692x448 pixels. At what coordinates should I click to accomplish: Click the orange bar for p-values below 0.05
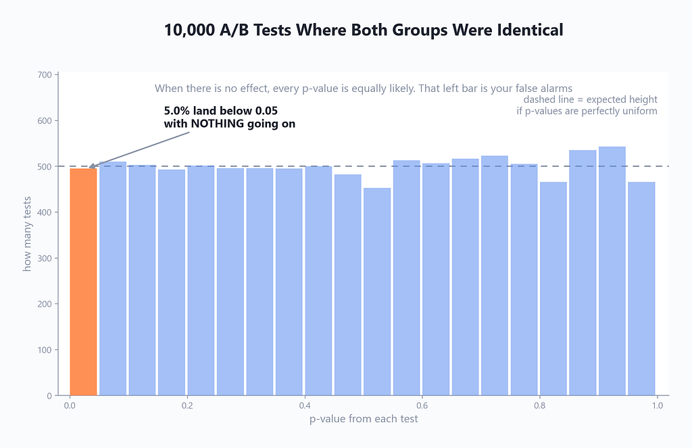point(83,282)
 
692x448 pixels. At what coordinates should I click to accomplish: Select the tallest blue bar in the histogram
point(612,271)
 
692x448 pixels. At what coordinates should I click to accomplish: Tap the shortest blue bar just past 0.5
point(377,292)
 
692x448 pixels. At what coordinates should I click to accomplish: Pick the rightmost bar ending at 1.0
point(641,289)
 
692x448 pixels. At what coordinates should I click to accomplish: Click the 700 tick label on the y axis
point(45,75)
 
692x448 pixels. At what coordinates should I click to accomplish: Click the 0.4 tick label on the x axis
point(305,405)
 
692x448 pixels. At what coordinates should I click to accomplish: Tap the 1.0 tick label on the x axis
point(657,405)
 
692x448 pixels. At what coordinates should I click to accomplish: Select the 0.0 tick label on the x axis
point(70,405)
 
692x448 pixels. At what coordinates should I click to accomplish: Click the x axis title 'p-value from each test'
point(364,419)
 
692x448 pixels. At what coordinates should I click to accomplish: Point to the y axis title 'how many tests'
point(27,234)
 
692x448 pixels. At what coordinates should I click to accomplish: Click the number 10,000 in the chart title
point(189,30)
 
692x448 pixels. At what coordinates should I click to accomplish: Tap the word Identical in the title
point(530,30)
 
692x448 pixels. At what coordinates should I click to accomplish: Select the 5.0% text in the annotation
point(178,110)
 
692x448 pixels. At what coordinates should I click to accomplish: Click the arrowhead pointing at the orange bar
point(92,166)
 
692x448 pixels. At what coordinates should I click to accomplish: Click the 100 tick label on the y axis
point(45,350)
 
